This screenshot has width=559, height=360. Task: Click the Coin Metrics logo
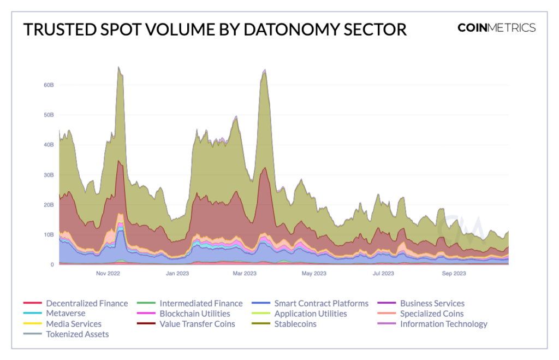(496, 28)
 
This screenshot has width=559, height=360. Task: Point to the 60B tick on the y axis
(49, 85)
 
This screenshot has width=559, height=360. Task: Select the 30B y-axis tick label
(49, 175)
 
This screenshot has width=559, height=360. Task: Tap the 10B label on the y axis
(49, 235)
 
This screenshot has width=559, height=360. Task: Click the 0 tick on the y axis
(52, 264)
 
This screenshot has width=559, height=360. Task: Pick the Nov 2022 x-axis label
(108, 273)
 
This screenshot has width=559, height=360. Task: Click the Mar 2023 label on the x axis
(244, 273)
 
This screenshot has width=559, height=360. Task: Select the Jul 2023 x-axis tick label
(383, 273)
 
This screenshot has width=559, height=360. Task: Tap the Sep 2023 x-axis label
(453, 273)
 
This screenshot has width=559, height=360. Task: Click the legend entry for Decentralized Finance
(87, 303)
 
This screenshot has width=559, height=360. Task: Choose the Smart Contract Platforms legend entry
(321, 303)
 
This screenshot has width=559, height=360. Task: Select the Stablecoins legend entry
(295, 324)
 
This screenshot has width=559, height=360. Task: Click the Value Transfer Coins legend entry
(197, 324)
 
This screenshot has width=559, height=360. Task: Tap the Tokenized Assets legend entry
(77, 334)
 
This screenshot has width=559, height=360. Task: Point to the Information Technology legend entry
(443, 324)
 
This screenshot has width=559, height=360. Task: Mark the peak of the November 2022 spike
(118, 67)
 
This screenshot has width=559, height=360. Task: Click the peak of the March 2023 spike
(265, 69)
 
